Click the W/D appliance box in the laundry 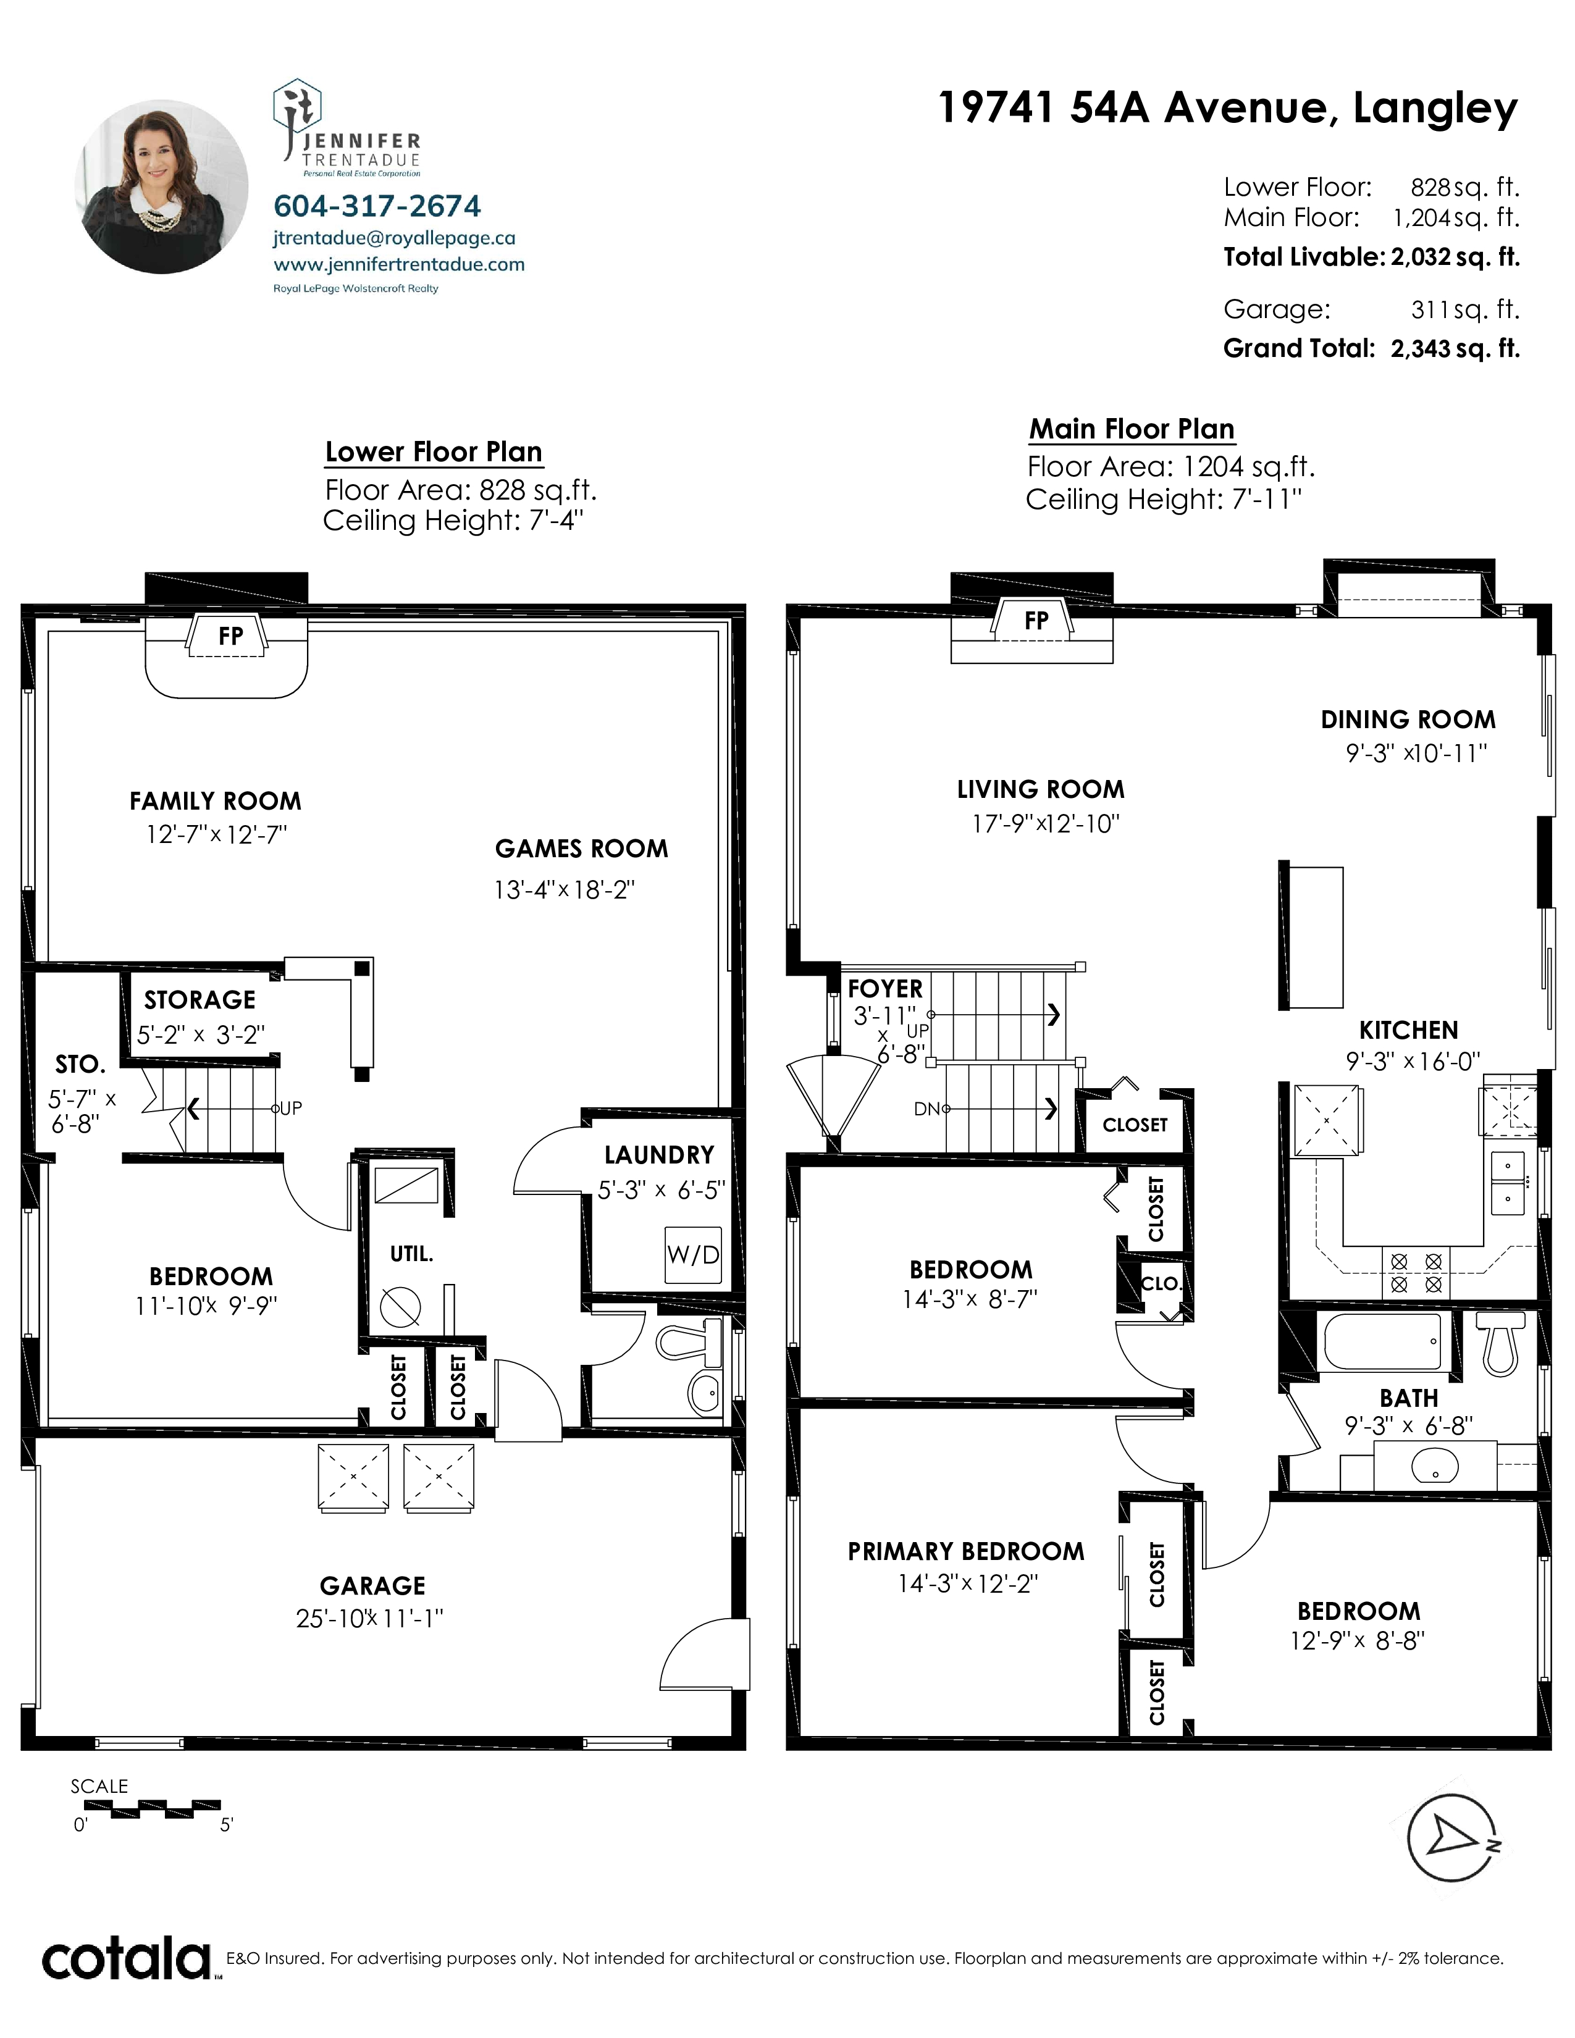point(693,1255)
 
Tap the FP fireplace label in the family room point(230,635)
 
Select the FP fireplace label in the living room point(1036,621)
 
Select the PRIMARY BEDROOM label point(966,1551)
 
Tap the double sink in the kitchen point(1507,1183)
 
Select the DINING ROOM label point(1408,719)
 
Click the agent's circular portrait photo point(161,187)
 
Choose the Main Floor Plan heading point(1132,429)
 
